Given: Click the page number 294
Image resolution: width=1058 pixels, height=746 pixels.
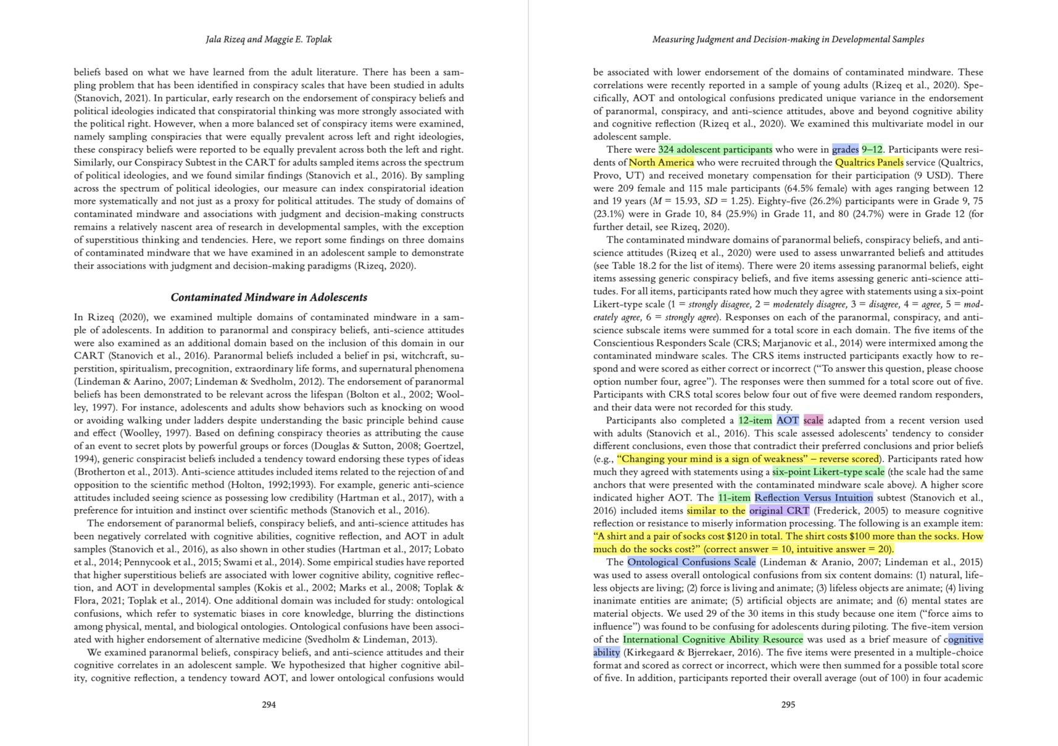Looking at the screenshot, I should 269,704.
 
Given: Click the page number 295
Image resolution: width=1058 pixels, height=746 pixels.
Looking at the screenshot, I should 788,704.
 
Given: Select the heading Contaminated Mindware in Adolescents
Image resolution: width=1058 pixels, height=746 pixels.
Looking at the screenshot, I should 269,297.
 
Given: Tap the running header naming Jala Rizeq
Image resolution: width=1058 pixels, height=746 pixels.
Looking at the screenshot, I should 269,39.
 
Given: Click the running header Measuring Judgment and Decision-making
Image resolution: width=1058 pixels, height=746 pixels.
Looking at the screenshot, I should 788,39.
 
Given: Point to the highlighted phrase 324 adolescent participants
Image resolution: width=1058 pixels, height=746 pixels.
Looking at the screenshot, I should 715,149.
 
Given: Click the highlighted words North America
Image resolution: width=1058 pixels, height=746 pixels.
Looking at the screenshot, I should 661,162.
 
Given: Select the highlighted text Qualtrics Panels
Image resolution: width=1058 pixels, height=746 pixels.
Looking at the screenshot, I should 869,162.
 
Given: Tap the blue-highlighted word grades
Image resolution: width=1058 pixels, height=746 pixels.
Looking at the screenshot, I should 845,149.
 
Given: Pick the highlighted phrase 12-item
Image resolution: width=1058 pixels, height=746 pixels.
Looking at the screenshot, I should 754,420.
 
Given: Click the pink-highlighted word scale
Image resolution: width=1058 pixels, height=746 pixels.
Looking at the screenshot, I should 813,420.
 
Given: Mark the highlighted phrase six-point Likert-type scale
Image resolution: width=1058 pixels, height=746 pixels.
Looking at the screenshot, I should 828,472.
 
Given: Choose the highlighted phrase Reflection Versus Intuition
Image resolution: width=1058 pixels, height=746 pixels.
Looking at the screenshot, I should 814,497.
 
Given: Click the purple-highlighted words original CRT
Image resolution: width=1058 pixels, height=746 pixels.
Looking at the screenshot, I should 779,510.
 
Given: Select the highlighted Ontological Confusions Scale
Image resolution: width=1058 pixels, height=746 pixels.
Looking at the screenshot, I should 691,562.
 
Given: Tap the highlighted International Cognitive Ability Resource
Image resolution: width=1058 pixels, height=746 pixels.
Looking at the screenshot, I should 713,639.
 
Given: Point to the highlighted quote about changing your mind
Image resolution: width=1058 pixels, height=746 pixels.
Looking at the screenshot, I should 747,459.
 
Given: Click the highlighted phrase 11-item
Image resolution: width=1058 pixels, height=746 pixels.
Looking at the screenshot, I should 734,497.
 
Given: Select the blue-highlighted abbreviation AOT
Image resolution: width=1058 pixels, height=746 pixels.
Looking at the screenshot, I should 787,420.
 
